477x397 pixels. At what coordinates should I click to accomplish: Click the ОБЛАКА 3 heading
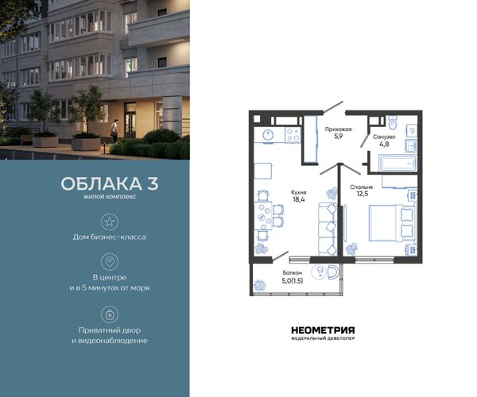110,183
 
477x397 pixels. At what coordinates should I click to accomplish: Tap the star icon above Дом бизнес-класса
110,222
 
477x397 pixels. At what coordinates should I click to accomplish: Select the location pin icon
110,262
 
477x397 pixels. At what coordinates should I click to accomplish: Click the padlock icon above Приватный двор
110,314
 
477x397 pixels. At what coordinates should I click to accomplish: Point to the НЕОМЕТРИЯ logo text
323,330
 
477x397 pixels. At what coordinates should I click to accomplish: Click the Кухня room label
298,192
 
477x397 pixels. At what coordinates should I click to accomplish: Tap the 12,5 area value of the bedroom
363,194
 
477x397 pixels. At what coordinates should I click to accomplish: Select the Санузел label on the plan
384,137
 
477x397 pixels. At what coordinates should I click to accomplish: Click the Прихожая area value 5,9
339,136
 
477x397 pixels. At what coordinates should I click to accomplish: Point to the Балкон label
292,273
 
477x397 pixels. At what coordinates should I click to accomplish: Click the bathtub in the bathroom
397,164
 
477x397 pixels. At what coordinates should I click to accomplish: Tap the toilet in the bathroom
393,122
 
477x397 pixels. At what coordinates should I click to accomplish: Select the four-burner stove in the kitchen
293,135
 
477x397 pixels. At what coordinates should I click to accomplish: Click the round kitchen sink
269,135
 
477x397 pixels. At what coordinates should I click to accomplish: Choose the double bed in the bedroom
393,223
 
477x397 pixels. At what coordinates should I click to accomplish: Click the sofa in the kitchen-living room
328,229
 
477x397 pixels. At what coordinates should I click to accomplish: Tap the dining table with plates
263,216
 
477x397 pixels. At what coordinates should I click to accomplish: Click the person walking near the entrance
114,130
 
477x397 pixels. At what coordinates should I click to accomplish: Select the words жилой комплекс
110,197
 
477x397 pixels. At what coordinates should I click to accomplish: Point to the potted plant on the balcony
260,285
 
